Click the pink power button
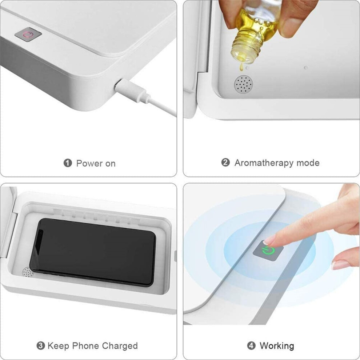coord(28,35)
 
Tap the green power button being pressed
coord(268,251)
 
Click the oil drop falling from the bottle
coord(241,67)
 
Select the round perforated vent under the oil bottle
coord(244,84)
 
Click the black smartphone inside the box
coord(93,252)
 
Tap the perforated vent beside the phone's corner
coord(28,272)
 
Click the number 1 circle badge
coord(68,163)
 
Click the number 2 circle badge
coord(225,163)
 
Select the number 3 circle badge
coord(41,346)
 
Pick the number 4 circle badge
coord(251,345)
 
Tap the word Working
coord(277,346)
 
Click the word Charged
coord(120,346)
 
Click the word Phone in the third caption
coord(86,346)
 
